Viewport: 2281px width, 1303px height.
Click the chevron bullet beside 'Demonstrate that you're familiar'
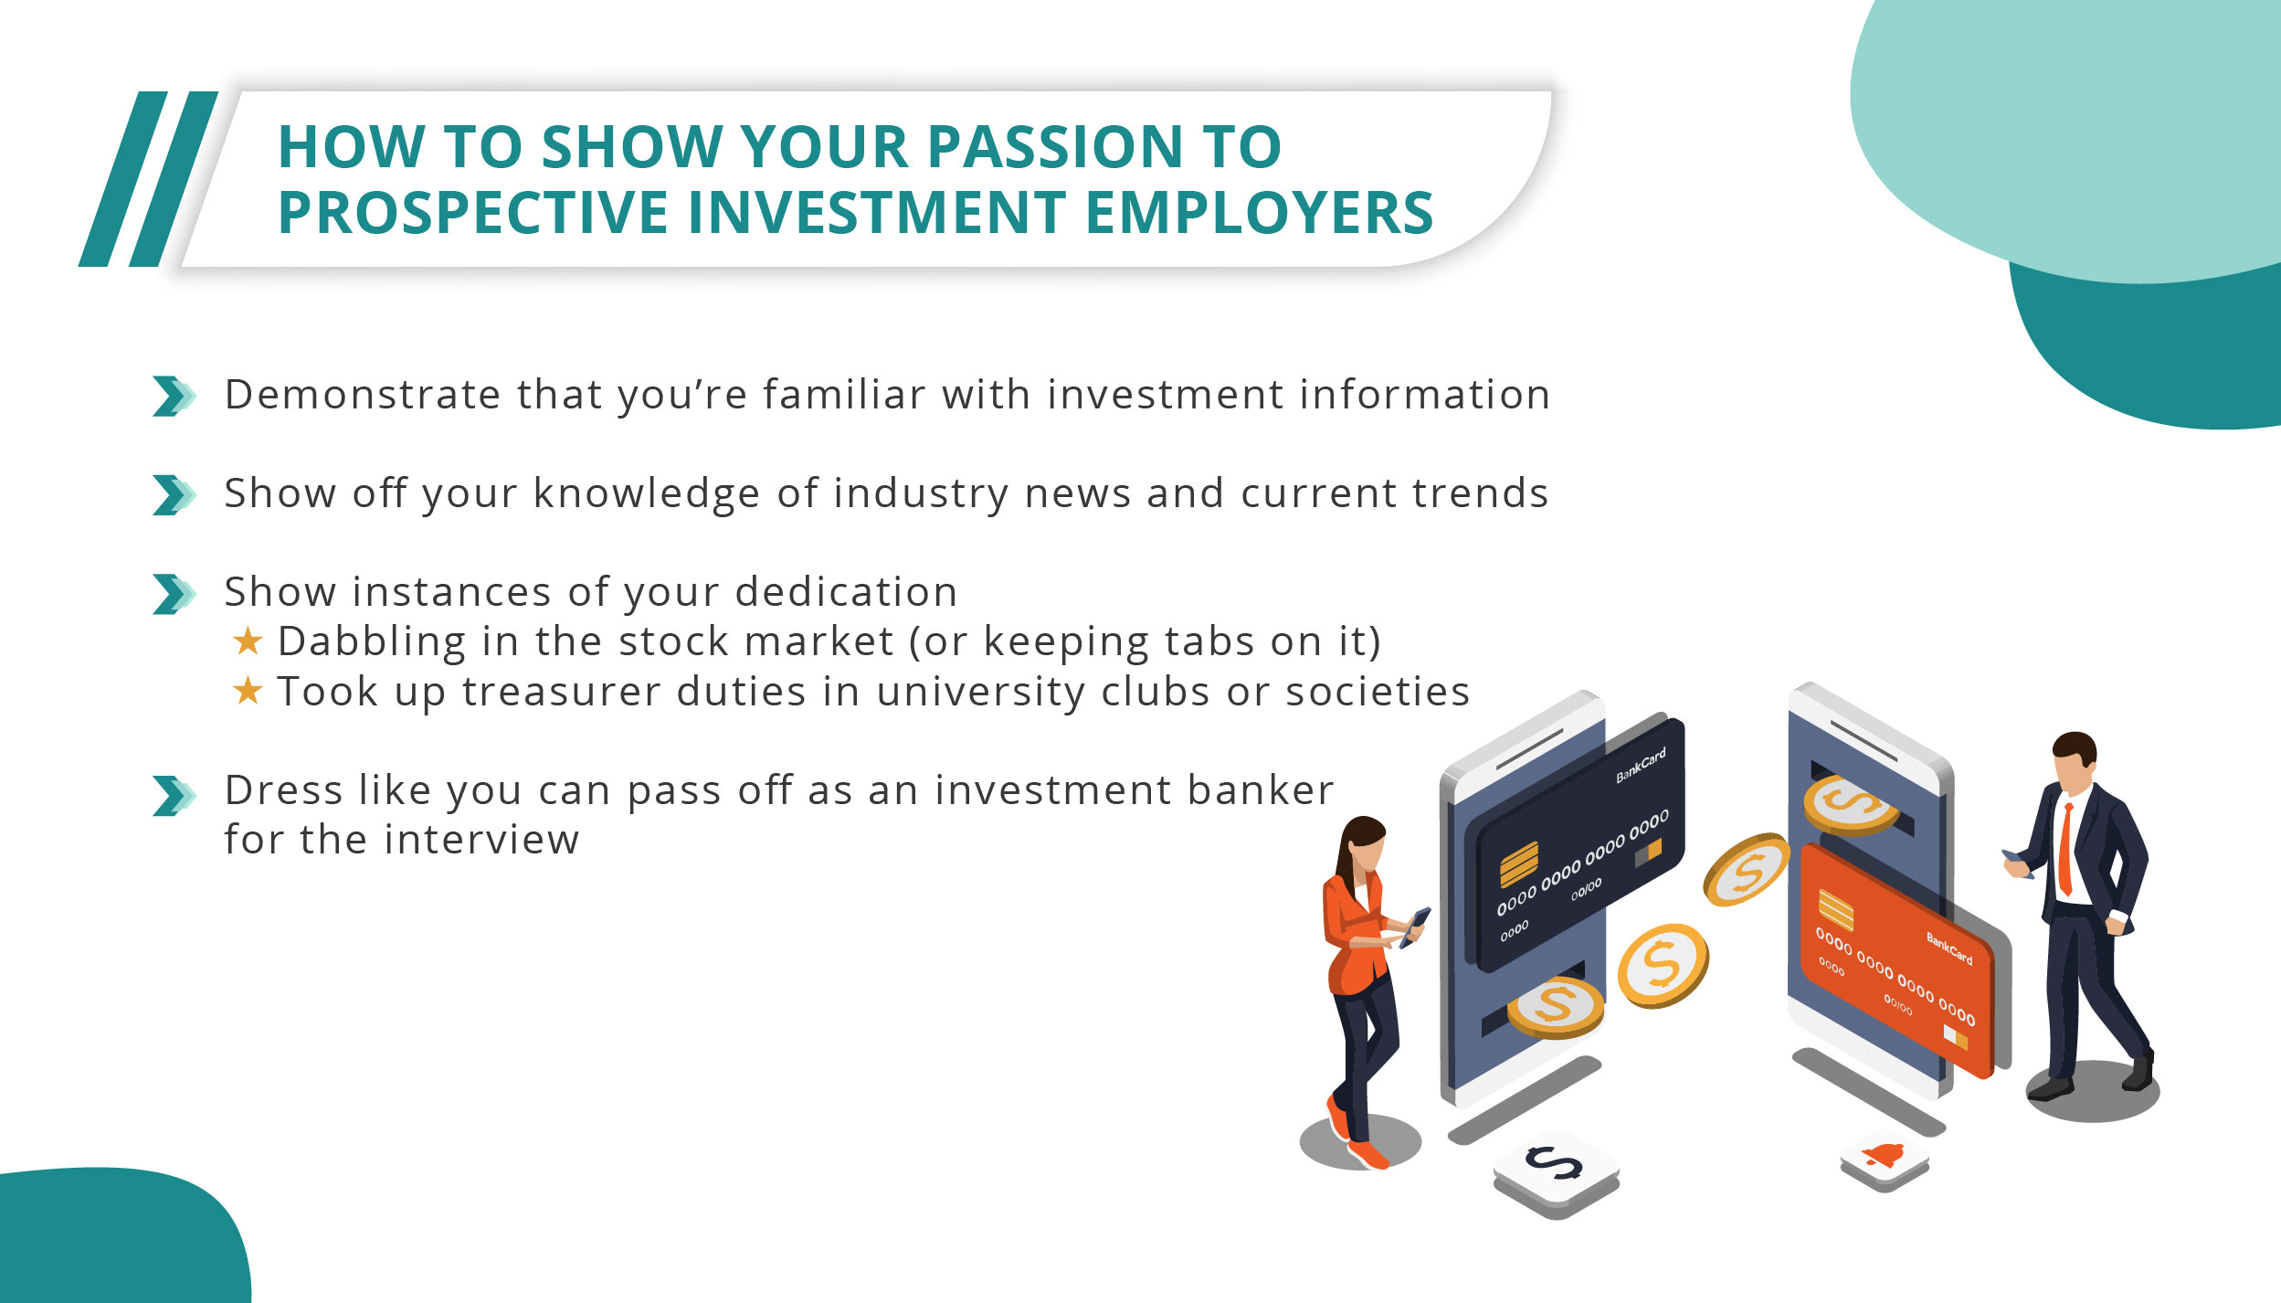point(173,396)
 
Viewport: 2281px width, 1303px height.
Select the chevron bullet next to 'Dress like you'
point(173,795)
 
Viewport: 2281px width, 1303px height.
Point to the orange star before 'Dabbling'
point(248,641)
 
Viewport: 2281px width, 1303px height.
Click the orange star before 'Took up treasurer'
point(248,691)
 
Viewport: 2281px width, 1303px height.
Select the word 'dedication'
point(846,592)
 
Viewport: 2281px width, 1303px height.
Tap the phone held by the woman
point(1415,926)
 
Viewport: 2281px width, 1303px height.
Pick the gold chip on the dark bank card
point(1518,864)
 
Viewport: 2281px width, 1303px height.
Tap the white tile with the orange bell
point(1885,1158)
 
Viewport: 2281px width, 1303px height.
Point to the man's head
point(2075,757)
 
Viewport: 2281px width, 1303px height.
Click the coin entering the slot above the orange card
point(1850,804)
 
